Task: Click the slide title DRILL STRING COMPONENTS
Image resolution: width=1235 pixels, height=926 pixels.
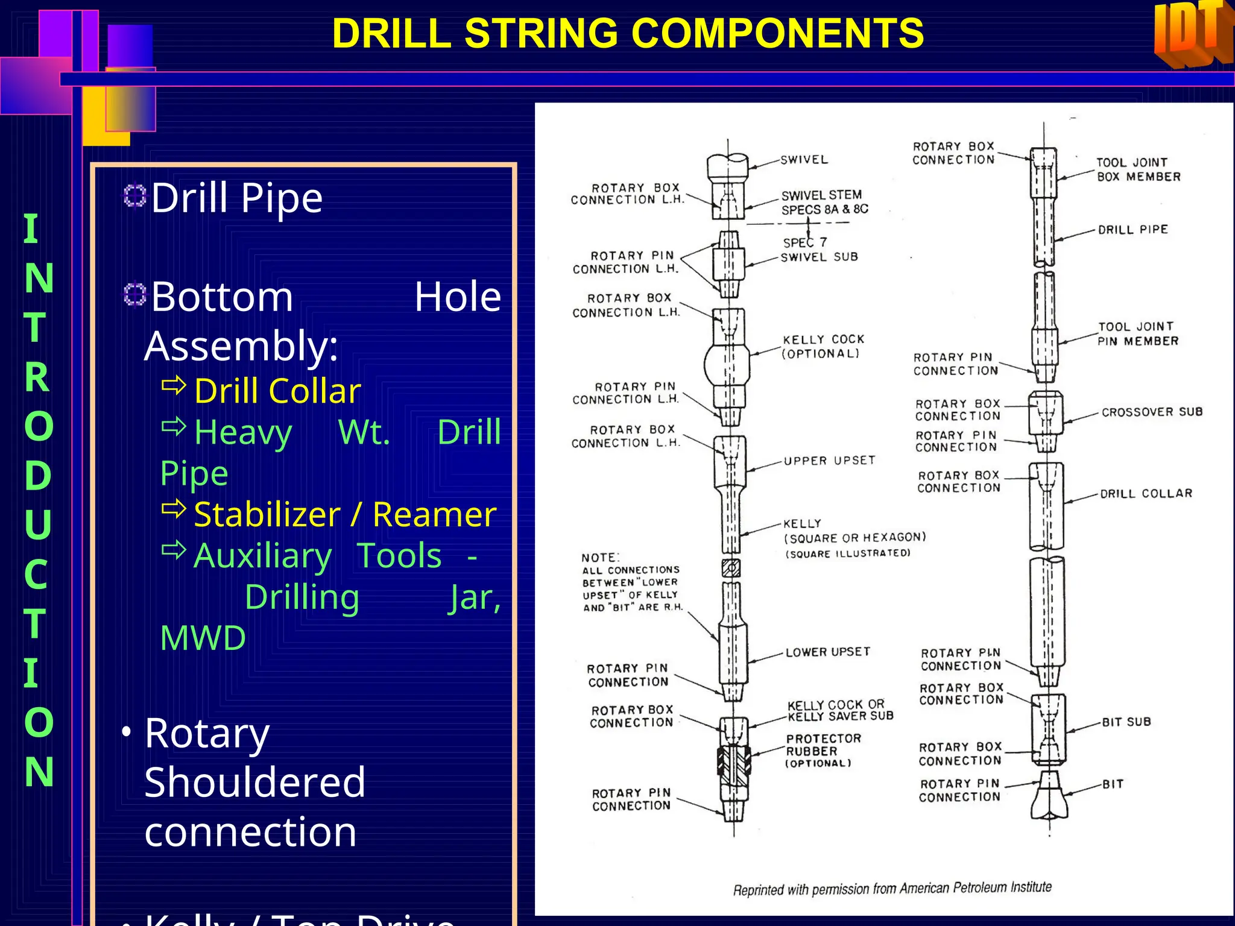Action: pyautogui.click(x=628, y=33)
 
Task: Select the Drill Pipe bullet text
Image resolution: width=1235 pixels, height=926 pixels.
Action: pyautogui.click(x=236, y=198)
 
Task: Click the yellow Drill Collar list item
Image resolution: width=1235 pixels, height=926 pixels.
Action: pyautogui.click(x=277, y=391)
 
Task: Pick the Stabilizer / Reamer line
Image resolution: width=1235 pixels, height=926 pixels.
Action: pyautogui.click(x=344, y=514)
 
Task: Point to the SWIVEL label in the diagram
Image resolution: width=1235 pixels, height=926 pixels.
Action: pyautogui.click(x=804, y=160)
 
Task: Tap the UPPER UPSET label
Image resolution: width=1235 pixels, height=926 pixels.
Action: pyautogui.click(x=829, y=461)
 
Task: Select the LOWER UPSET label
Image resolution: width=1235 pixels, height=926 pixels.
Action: pyautogui.click(x=828, y=652)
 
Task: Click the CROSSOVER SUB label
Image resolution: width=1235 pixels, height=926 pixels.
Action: pyautogui.click(x=1152, y=412)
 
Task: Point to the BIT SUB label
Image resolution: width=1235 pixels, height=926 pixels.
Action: pyautogui.click(x=1126, y=722)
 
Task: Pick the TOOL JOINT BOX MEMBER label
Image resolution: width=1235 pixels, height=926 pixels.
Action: pyautogui.click(x=1138, y=169)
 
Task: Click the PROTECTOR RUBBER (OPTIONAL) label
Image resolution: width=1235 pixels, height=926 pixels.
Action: pyautogui.click(x=823, y=751)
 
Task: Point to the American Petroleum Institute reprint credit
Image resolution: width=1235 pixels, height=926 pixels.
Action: pyautogui.click(x=892, y=888)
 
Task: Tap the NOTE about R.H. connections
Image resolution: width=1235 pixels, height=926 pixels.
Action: pyautogui.click(x=632, y=582)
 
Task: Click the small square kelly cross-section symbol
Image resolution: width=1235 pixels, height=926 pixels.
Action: pyautogui.click(x=731, y=568)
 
